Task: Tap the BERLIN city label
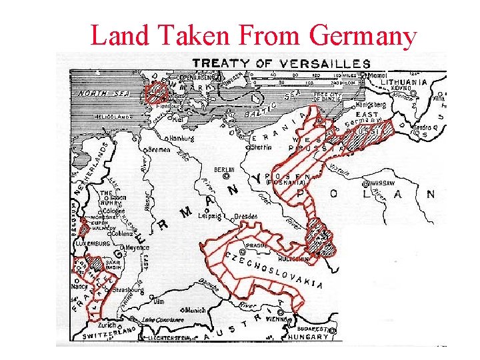[x=224, y=170]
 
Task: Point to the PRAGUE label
[x=257, y=245]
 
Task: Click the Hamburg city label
[x=181, y=138]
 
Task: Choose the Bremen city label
[x=159, y=150]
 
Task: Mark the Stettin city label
[x=261, y=147]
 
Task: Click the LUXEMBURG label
[x=92, y=244]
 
